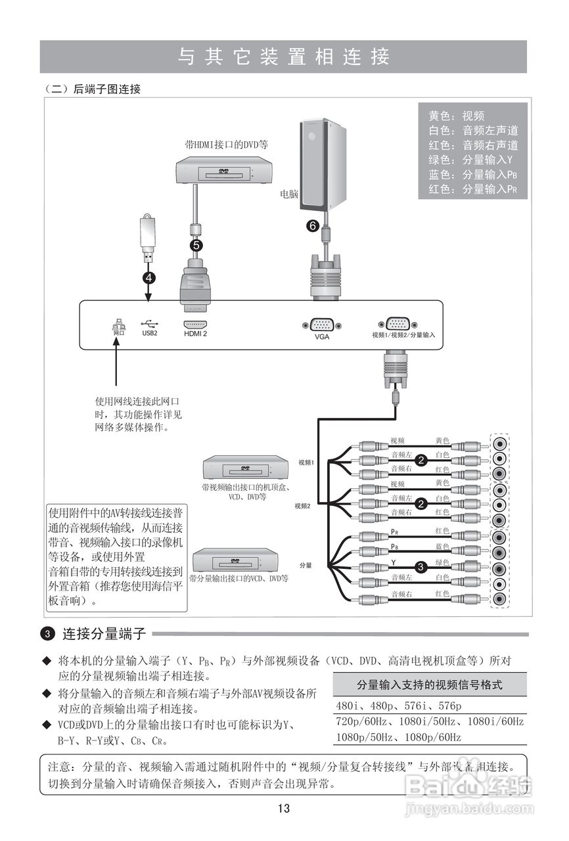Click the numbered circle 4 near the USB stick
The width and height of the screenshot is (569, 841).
(x=150, y=277)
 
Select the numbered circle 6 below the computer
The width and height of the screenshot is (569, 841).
(x=313, y=225)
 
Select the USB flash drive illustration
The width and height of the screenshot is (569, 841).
(x=149, y=238)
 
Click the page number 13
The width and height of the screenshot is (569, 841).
(x=284, y=808)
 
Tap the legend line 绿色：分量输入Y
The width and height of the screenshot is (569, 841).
(x=470, y=160)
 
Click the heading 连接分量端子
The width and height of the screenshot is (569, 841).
(x=103, y=634)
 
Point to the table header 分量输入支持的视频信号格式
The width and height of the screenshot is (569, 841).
(x=430, y=685)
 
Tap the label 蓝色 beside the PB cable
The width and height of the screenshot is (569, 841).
(x=442, y=547)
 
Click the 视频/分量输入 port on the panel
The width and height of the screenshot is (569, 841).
(x=397, y=325)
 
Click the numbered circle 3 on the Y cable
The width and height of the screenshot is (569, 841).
(x=421, y=564)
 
